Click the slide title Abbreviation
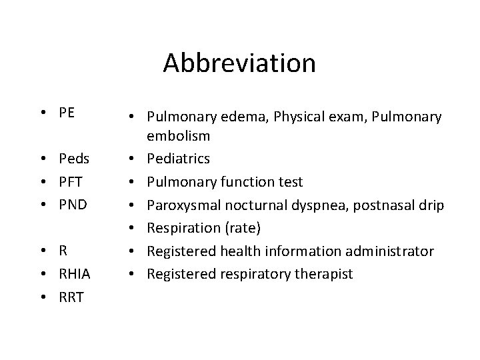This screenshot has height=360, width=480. (239, 63)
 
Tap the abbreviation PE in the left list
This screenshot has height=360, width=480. (67, 112)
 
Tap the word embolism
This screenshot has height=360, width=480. (179, 137)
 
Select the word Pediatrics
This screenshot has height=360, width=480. (178, 159)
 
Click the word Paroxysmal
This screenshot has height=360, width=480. (183, 205)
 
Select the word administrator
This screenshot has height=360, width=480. (388, 251)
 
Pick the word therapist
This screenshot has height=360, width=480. (325, 275)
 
